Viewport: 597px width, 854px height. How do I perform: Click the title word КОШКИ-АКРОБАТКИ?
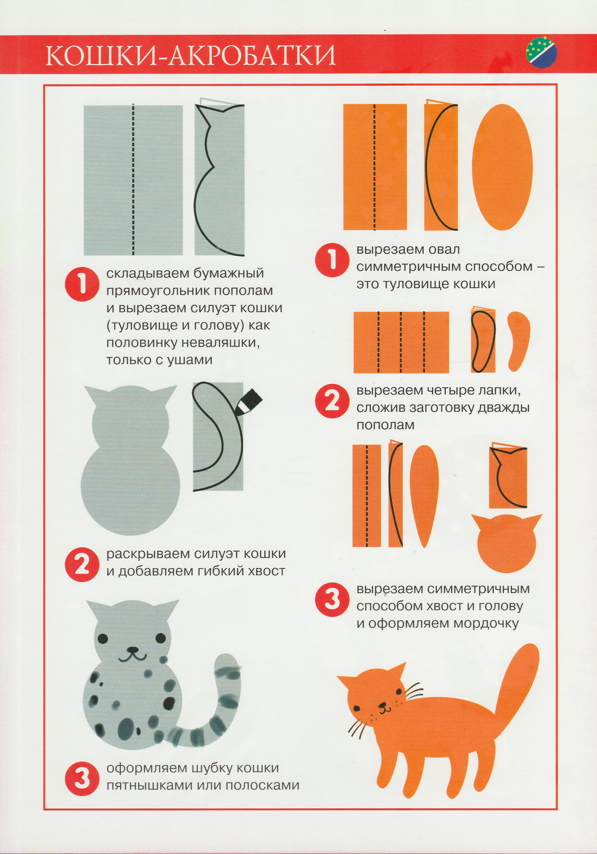pyautogui.click(x=190, y=56)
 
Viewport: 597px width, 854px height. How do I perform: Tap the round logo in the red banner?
pyautogui.click(x=541, y=52)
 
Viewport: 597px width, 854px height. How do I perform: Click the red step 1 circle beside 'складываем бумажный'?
pyautogui.click(x=82, y=284)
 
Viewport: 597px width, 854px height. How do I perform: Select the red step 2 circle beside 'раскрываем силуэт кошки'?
pyautogui.click(x=82, y=565)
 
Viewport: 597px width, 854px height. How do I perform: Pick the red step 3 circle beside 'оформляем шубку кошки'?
pyautogui.click(x=82, y=778)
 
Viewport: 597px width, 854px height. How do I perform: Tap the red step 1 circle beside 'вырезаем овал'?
pyautogui.click(x=332, y=260)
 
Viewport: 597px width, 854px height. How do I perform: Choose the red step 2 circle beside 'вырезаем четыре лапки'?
pyautogui.click(x=332, y=401)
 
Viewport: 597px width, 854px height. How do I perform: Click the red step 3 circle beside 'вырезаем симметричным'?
pyautogui.click(x=332, y=600)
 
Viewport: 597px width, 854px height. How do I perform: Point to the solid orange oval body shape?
pyautogui.click(x=502, y=167)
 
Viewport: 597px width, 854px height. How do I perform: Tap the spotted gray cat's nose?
pyautogui.click(x=132, y=649)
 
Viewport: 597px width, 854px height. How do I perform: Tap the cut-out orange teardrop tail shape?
pyautogui.click(x=424, y=495)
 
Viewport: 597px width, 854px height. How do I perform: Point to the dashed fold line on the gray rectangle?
pyautogui.click(x=133, y=179)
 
